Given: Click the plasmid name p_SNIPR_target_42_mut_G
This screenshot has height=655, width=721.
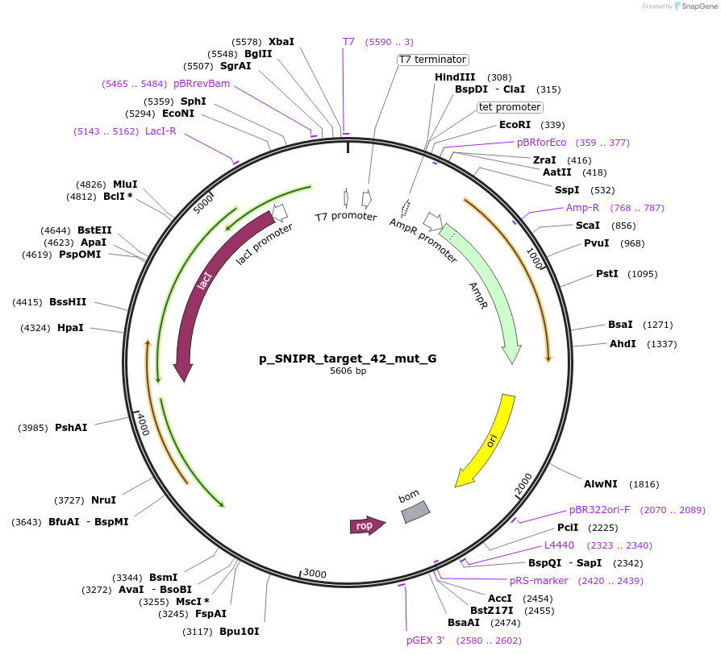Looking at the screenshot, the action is pos(348,359).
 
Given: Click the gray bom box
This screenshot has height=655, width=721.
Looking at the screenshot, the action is pos(415,511).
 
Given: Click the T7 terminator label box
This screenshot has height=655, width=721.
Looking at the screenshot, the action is pos(433,60).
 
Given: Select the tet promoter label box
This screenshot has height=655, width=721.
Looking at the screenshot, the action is pos(510,107).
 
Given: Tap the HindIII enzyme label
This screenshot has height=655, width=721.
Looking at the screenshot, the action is pos(455,77).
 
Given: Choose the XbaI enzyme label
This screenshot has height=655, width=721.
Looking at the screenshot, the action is pos(281,41).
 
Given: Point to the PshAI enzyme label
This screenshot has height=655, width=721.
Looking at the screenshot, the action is pos(71,427).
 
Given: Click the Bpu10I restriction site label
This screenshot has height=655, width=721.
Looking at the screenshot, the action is pos(240,632).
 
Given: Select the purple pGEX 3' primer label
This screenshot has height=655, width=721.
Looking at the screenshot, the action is pos(425,640).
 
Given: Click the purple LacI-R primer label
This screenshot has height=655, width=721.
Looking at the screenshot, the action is pos(160,131).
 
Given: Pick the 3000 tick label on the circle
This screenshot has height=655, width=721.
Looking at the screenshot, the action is pos(315,574).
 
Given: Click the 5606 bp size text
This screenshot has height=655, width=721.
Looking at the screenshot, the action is pos(348,371).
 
